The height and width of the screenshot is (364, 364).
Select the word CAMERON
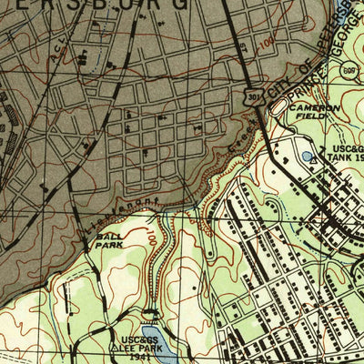coord(315,107)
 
